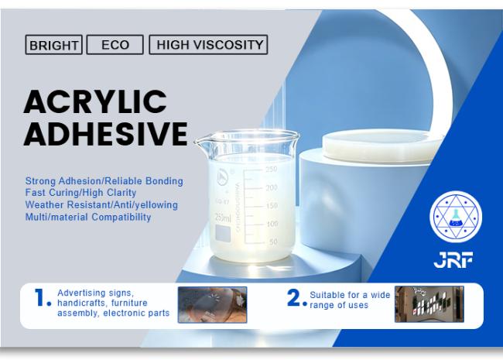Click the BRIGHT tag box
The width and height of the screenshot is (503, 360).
click(54, 45)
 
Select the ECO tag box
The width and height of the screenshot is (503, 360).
click(115, 45)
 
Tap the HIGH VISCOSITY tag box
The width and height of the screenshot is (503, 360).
click(208, 45)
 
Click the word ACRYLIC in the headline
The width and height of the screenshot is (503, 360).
click(95, 101)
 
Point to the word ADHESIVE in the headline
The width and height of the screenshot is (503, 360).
click(105, 133)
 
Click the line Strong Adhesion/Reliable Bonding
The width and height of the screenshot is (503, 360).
click(104, 181)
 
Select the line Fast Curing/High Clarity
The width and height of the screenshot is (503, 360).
click(80, 193)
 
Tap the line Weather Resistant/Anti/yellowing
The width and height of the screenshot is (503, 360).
click(101, 204)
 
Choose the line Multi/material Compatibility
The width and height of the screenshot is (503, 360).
click(88, 217)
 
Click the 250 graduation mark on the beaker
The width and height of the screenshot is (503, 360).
click(272, 169)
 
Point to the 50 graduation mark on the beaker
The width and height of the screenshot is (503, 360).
click(273, 242)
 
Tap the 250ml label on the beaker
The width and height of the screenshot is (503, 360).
click(223, 218)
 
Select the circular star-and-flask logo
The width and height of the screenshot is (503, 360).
click(456, 217)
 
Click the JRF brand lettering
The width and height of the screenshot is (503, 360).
click(453, 260)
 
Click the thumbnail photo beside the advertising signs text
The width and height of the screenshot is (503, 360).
click(212, 305)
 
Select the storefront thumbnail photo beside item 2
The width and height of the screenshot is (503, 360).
click(429, 304)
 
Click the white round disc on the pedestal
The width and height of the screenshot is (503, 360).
click(382, 146)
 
